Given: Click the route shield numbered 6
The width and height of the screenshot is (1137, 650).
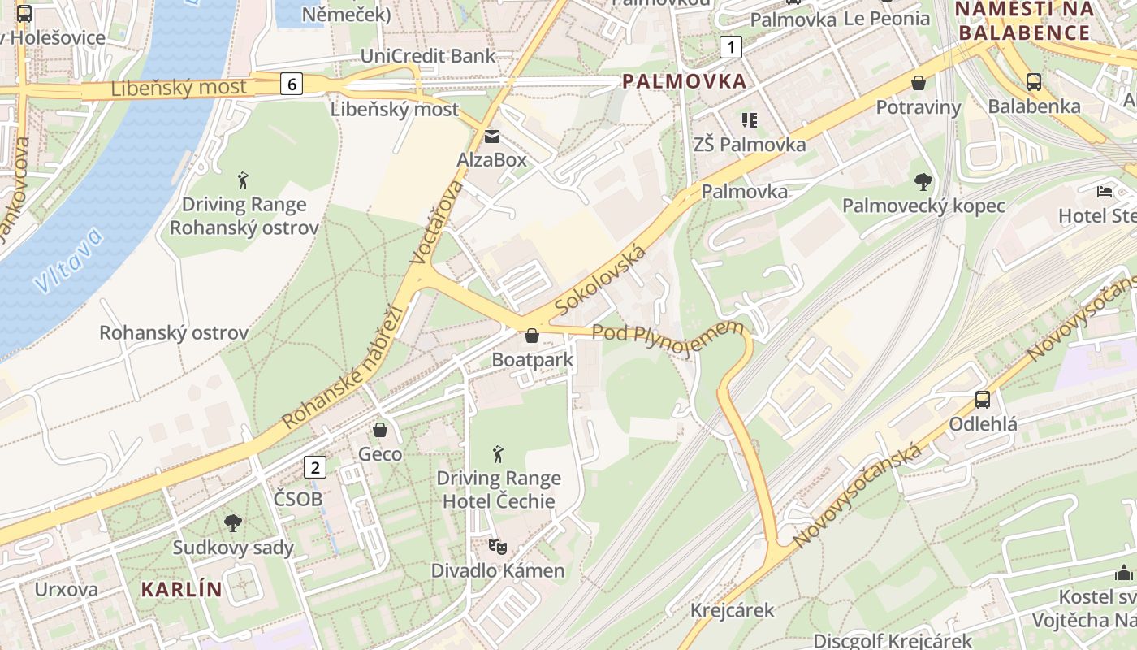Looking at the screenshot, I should click(292, 83).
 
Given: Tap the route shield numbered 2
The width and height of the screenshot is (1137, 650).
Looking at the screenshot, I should click(315, 467).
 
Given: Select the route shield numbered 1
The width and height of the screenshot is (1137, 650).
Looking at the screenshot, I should click(731, 48).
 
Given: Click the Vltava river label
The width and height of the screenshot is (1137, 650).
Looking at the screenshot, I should click(69, 260).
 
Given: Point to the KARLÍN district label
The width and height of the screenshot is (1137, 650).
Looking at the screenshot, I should click(182, 589).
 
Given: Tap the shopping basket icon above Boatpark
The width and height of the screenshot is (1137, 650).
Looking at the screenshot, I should click(532, 336).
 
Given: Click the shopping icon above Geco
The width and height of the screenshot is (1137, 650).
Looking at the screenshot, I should click(379, 430).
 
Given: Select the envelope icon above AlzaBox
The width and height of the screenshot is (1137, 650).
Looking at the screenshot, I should click(492, 136).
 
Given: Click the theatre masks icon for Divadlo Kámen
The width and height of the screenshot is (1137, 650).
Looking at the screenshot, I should click(498, 547).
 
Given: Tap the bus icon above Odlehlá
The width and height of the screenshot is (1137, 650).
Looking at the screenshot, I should click(983, 400).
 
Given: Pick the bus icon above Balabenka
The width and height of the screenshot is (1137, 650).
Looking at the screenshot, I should click(1034, 82).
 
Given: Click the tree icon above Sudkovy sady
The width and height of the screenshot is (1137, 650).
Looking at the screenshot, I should click(233, 523).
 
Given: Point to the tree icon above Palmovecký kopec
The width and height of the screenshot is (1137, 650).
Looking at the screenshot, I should click(923, 181).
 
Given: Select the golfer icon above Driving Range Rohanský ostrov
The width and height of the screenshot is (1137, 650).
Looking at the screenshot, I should click(243, 180).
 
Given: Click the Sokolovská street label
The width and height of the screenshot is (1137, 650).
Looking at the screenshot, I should click(602, 280).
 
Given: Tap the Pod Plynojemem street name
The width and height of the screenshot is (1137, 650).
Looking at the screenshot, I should click(668, 331).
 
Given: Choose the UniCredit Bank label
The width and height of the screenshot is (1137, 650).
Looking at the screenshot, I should click(427, 56).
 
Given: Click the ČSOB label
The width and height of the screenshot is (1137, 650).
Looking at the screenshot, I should click(298, 499).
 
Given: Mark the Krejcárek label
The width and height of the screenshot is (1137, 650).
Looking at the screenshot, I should click(733, 610).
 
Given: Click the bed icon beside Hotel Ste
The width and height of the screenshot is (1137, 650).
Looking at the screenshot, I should click(1105, 192).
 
